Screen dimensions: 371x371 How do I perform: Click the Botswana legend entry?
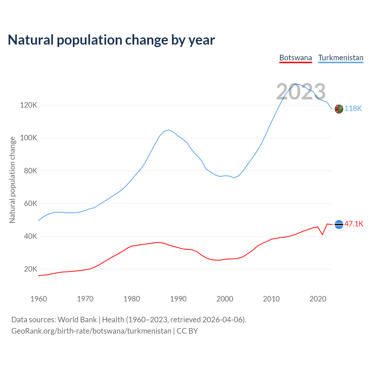pos(296,58)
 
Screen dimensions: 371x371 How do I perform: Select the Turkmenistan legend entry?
pos(341,58)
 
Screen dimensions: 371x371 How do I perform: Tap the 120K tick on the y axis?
pos(29,105)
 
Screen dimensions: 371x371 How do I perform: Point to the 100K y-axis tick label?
pos(29,138)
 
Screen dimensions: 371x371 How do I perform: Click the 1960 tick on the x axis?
pos(39,299)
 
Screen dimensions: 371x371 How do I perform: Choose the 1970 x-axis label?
pos(85,299)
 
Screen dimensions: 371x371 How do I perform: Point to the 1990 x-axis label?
pos(178,299)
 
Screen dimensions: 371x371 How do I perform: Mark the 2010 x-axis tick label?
pos(271,299)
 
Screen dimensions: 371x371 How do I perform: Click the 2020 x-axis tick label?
pos(318,299)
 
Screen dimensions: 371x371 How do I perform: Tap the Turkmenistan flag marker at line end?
pos(339,109)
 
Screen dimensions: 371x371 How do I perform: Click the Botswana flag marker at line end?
pos(339,224)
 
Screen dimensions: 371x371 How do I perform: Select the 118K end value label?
pos(353,108)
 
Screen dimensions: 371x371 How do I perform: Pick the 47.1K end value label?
pos(354,224)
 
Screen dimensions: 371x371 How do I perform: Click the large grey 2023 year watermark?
pos(301,92)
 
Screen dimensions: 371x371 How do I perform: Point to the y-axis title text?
pos(12,180)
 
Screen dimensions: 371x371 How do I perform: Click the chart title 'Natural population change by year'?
pos(111,40)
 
